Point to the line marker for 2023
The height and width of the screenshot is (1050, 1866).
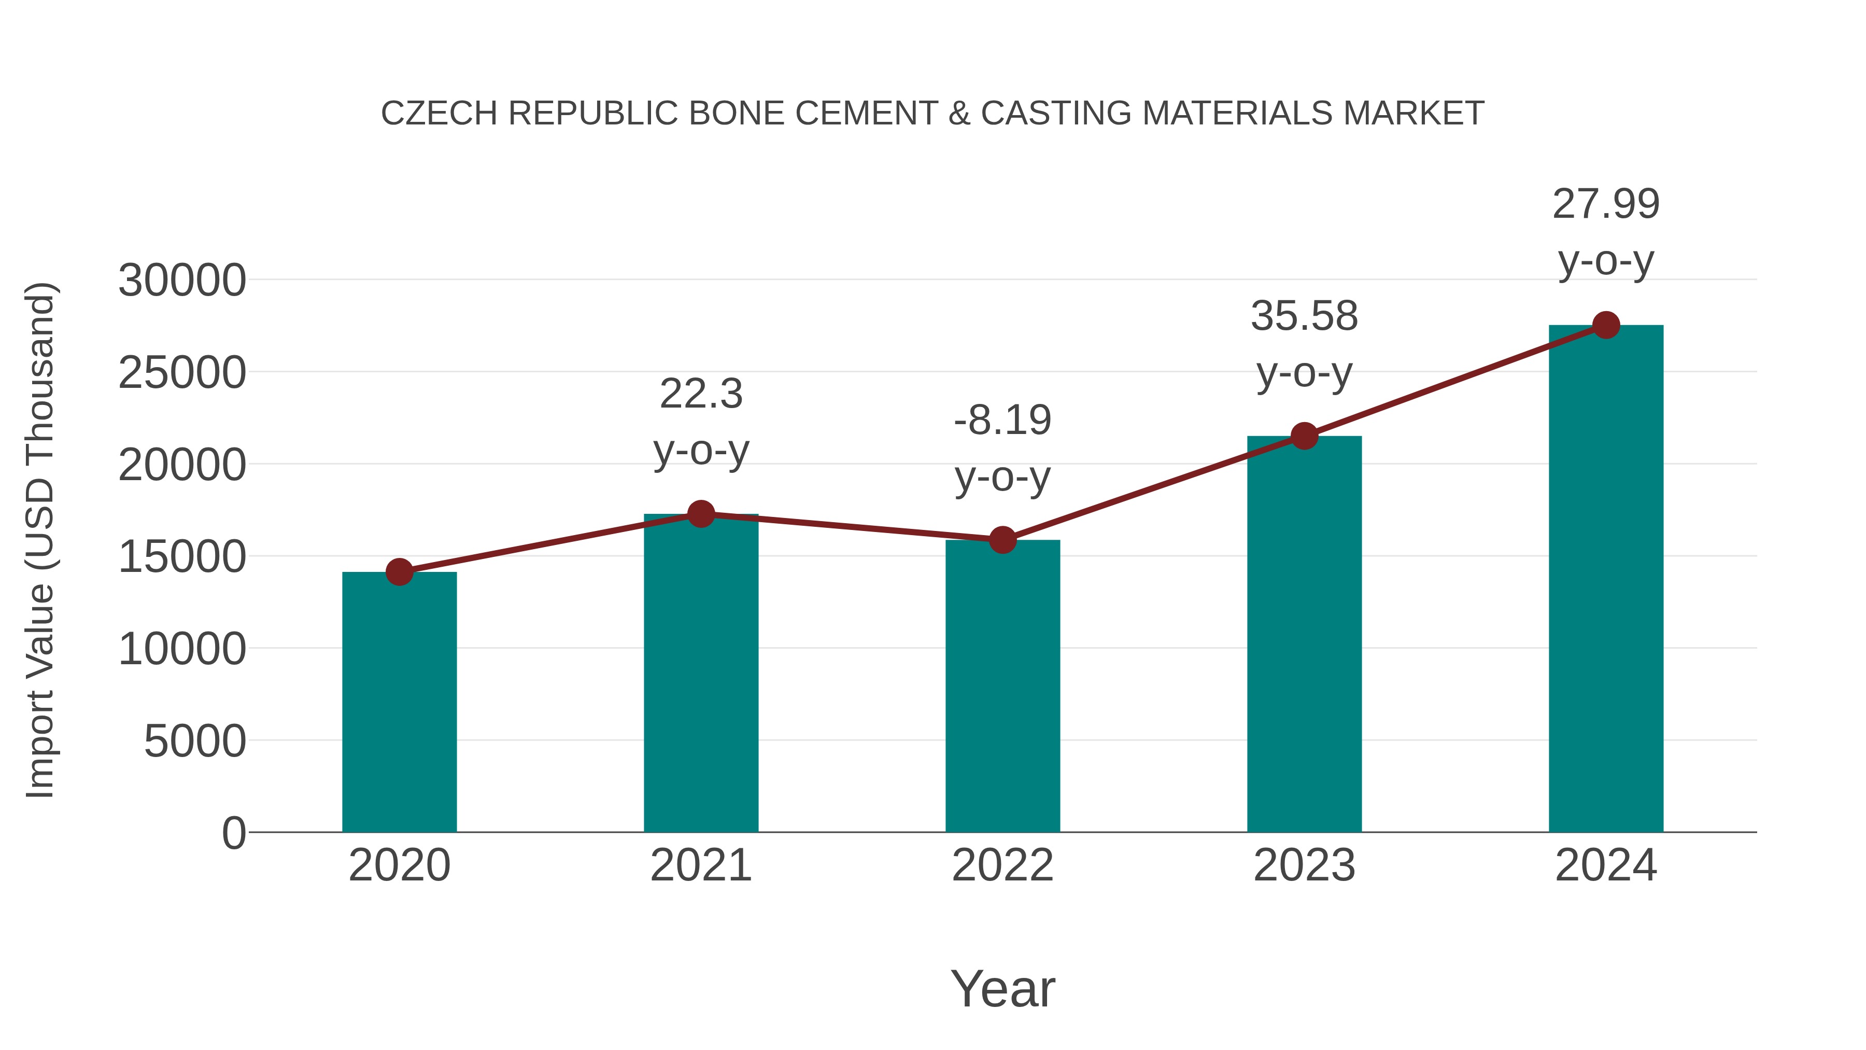(1304, 436)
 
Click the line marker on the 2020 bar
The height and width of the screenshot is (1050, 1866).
(399, 572)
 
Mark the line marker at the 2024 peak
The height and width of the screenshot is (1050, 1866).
(1606, 325)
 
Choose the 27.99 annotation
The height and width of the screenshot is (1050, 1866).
(1606, 204)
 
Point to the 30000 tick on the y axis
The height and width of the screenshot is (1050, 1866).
(182, 281)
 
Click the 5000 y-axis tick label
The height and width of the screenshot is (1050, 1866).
(195, 741)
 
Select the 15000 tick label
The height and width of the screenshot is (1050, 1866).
(182, 557)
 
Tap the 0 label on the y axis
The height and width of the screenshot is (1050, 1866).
(233, 833)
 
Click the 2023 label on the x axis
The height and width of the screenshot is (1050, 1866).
(1304, 865)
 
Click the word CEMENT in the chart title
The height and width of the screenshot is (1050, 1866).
(866, 114)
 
